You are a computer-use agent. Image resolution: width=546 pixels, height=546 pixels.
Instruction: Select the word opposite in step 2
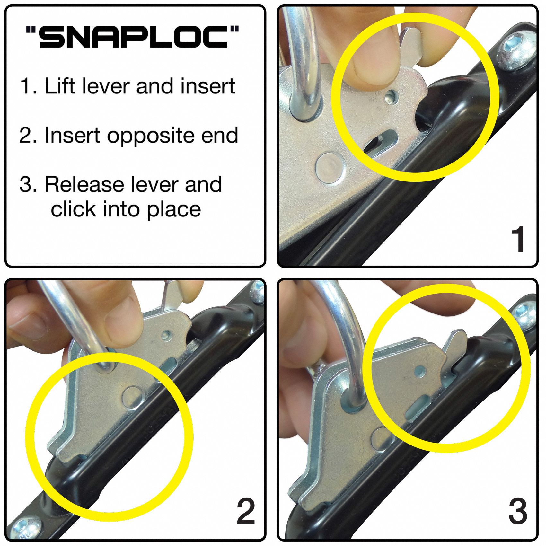click(x=151, y=136)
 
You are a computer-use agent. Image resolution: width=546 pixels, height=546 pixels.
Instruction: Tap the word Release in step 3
click(x=84, y=185)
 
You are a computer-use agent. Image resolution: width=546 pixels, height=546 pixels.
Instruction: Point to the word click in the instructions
click(x=73, y=210)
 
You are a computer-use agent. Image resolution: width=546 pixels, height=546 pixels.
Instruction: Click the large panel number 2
click(x=246, y=512)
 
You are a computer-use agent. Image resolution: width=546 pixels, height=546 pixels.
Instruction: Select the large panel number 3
click(x=518, y=512)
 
